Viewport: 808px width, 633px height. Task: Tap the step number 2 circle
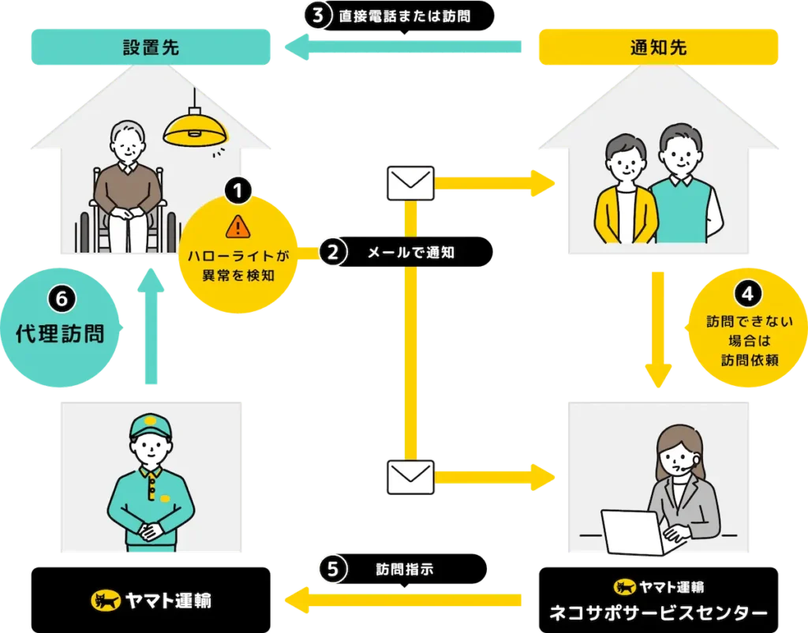(x=332, y=253)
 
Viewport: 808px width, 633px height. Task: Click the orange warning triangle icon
(x=238, y=227)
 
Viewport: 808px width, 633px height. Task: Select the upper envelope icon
(x=410, y=183)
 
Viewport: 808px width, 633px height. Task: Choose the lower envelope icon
(x=410, y=477)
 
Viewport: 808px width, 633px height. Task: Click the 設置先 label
(x=150, y=47)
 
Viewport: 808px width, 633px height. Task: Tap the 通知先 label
(x=658, y=47)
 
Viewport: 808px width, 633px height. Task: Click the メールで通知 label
(x=411, y=253)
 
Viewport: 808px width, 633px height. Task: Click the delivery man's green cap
(x=150, y=429)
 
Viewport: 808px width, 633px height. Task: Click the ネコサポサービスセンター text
(x=658, y=612)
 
